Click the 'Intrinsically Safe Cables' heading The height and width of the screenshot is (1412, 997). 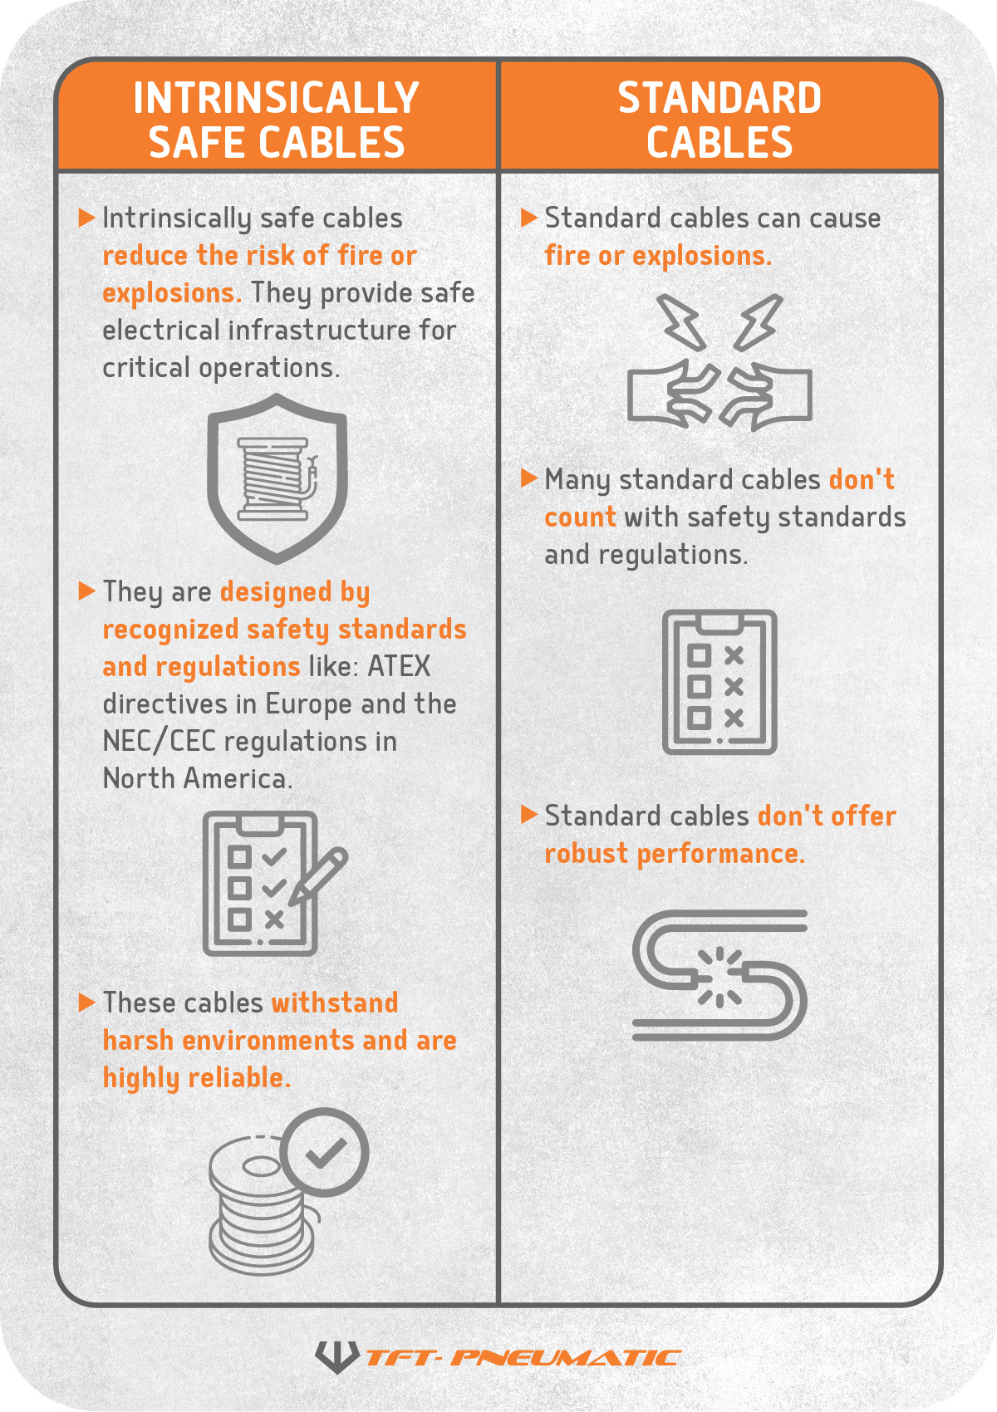coord(277,120)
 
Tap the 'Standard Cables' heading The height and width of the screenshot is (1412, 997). coord(720,120)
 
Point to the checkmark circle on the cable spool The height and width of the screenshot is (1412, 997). coord(324,1153)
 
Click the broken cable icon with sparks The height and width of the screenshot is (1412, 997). coord(720,975)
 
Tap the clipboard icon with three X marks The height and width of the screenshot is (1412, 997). coord(720,682)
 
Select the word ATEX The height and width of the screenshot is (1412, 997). coord(399,667)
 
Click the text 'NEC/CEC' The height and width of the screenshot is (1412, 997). coord(159,742)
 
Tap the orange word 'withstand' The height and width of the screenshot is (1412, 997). coord(335,1003)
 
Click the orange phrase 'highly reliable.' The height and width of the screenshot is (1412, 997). coord(197,1078)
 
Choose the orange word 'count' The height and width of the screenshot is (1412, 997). coord(580,517)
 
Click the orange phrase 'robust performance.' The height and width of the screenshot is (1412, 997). coord(675,854)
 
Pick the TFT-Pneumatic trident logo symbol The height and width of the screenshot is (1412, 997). coord(336,1356)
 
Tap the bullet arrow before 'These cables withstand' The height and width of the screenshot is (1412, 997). coord(86,1003)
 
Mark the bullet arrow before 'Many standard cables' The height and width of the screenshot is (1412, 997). coord(528,478)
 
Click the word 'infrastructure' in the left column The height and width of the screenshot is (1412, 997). coord(319,331)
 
